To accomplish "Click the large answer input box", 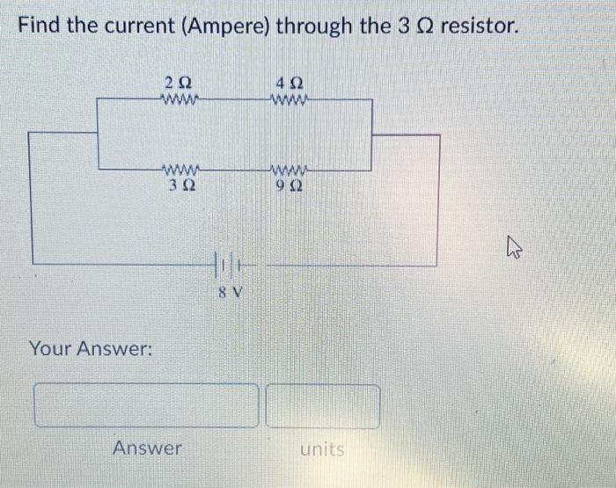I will click(147, 405).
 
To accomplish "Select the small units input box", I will click(323, 405).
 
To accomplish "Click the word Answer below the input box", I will click(147, 448).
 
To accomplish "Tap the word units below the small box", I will click(322, 449).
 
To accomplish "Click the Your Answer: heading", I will click(92, 349).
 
